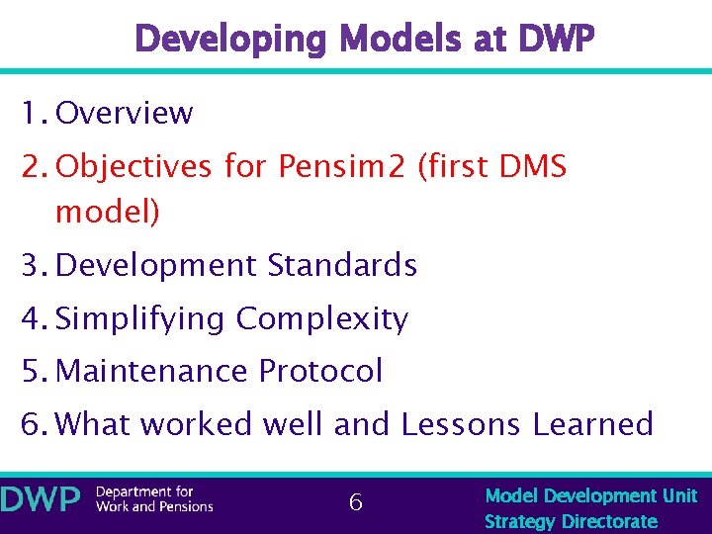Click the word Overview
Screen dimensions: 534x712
(125, 114)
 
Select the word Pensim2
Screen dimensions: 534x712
(342, 166)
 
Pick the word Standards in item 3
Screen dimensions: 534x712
(343, 265)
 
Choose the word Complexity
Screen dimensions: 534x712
(322, 318)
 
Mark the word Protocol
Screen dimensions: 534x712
(320, 371)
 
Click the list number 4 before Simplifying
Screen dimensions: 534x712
(28, 318)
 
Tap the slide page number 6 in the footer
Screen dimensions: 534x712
(356, 503)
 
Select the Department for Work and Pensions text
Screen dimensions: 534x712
(154, 499)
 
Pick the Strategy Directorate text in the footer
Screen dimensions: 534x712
(571, 521)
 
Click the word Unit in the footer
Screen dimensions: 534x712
(679, 495)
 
